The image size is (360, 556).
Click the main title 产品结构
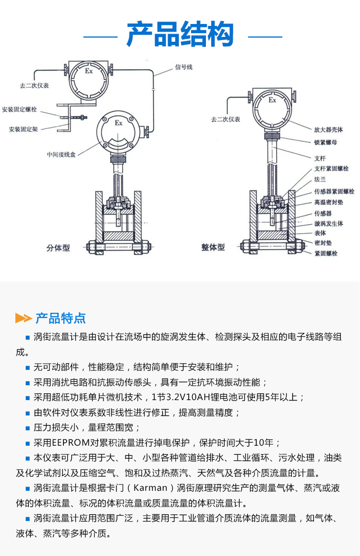click(x=180, y=35)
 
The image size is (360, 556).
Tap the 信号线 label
click(x=183, y=67)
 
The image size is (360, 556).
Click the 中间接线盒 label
click(x=61, y=154)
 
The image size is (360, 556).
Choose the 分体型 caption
click(x=58, y=248)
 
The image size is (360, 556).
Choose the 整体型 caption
click(x=213, y=248)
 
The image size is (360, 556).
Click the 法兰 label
click(x=320, y=179)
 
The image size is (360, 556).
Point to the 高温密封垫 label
click(x=328, y=202)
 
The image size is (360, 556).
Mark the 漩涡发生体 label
click(x=328, y=224)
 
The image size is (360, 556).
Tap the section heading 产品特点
click(x=60, y=318)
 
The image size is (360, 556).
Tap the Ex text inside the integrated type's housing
click(x=272, y=100)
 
